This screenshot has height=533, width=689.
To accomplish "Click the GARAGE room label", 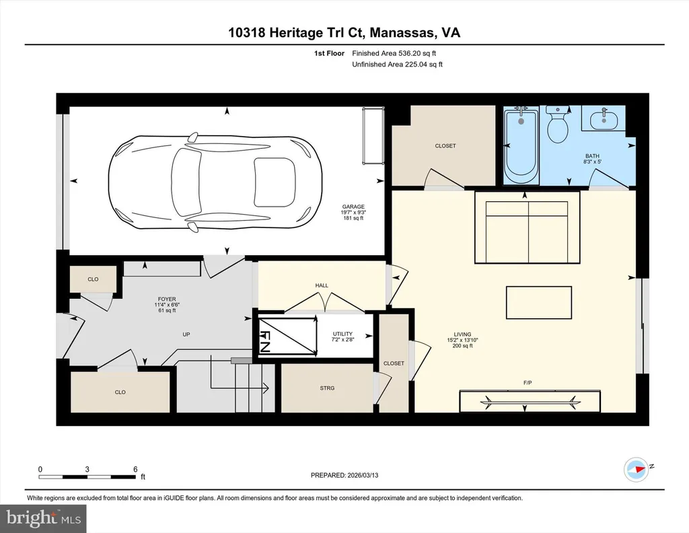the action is (353, 207).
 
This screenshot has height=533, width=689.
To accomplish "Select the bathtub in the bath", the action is (521, 145).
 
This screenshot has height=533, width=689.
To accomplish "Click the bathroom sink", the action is (604, 118).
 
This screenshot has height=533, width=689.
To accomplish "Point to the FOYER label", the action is (167, 299).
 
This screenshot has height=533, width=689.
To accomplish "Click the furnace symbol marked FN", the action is (287, 335).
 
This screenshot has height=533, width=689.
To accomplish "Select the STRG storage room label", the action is (328, 388).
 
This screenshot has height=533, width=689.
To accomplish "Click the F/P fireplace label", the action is (528, 383).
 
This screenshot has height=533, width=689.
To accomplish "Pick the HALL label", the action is (322, 285).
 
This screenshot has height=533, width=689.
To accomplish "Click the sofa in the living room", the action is (528, 227).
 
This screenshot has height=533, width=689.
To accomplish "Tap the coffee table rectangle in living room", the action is (539, 303).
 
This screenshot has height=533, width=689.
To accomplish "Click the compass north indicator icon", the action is (637, 470).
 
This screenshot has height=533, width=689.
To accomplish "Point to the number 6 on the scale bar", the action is (135, 469).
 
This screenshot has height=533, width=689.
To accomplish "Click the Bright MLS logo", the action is (43, 518).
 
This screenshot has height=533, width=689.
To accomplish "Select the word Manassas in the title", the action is (402, 32).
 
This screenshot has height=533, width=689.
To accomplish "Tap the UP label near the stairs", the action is (186, 334).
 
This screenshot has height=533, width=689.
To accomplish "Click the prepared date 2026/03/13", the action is (363, 475).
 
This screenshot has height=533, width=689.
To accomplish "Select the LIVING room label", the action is (462, 334).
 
